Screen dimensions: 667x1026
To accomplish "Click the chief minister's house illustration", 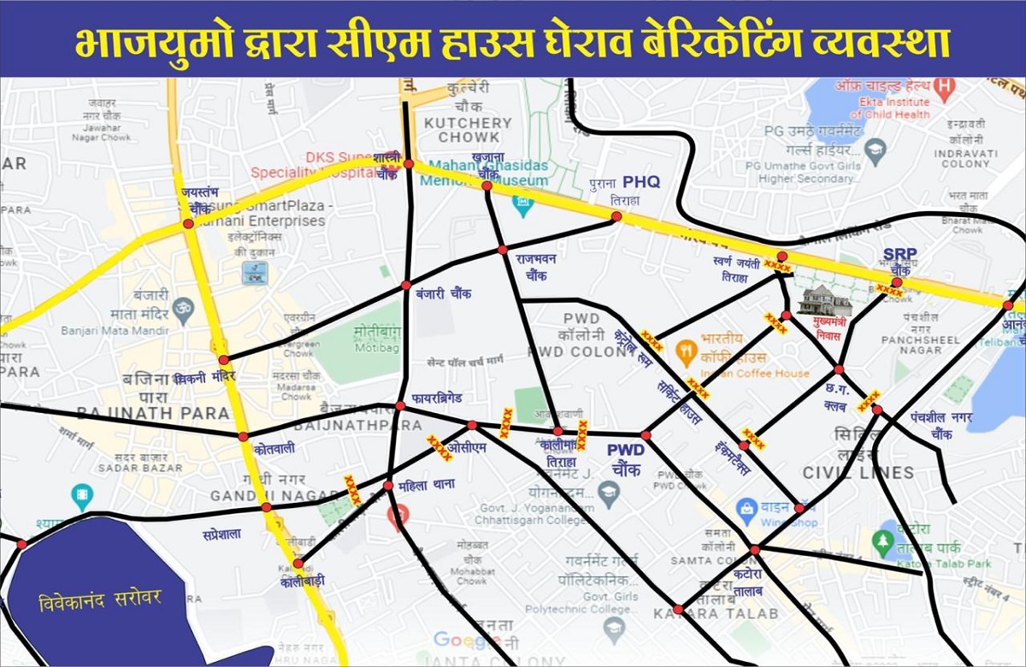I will (x=825, y=299).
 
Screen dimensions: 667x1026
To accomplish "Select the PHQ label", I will (x=641, y=181).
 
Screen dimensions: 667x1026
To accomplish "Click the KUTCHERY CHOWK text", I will (x=468, y=130).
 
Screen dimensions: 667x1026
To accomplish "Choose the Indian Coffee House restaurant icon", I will (x=684, y=349).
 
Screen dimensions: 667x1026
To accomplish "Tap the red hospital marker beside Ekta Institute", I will (x=944, y=86).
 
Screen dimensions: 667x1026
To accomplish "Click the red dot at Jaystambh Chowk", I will (x=187, y=224).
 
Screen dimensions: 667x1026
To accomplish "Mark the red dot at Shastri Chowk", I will (x=409, y=163).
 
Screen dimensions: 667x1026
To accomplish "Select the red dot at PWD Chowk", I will (x=646, y=436).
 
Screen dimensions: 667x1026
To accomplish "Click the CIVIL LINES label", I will (x=858, y=472).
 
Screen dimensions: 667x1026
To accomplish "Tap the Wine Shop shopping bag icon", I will (x=746, y=507).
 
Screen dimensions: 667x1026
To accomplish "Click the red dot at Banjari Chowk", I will (x=406, y=285).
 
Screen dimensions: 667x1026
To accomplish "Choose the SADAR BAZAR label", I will (x=140, y=468).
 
